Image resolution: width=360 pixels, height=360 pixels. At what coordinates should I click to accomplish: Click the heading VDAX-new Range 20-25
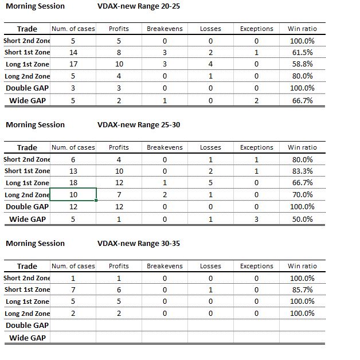point(139,6)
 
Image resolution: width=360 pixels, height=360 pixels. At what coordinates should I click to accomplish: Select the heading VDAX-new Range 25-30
point(139,124)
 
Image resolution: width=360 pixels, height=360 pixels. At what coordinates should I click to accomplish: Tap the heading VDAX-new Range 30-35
point(139,243)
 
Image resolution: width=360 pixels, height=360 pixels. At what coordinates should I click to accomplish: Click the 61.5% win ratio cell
point(302,52)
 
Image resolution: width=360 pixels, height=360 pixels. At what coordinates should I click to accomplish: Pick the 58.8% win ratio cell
point(302,64)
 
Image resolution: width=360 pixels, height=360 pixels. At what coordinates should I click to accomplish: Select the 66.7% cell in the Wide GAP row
point(302,100)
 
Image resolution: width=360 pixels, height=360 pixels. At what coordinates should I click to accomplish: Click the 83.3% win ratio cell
point(302,171)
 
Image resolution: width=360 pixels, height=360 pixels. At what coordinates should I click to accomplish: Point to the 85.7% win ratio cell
point(302,289)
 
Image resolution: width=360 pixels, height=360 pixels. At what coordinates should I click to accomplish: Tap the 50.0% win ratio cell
point(302,219)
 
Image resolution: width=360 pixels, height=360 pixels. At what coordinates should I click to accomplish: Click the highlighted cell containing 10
point(73,194)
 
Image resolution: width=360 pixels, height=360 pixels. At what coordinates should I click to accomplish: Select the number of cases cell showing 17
point(73,64)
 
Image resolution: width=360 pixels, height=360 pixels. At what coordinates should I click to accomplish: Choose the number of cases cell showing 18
point(73,183)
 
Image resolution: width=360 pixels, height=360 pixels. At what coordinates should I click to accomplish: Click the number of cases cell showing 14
point(73,52)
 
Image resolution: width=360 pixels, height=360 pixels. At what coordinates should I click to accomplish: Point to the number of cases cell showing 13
point(73,171)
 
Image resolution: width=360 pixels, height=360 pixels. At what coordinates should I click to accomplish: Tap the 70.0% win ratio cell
point(302,194)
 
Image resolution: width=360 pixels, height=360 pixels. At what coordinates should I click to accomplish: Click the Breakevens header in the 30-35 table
point(165,266)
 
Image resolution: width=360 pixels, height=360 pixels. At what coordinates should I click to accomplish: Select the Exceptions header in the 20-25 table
point(256,29)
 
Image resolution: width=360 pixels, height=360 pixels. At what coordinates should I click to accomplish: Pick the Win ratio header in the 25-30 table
point(302,147)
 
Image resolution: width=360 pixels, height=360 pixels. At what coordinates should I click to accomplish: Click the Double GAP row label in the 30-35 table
point(27,326)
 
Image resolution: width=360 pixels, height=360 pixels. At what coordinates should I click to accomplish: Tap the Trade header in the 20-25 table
point(27,29)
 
